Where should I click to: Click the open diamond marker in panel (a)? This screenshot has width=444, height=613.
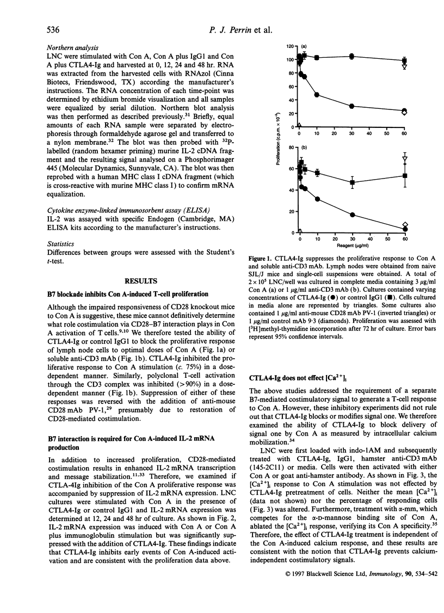[x=404, y=112]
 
